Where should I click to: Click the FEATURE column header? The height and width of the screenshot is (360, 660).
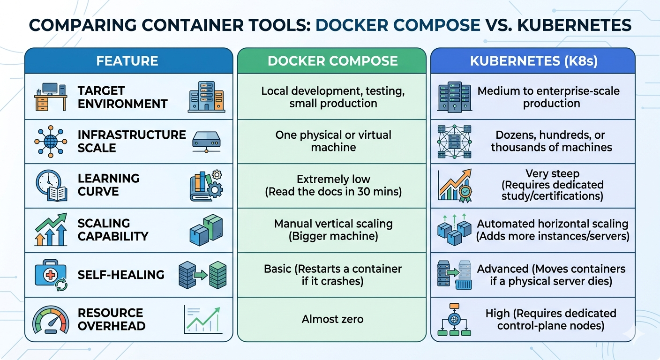coord(127,61)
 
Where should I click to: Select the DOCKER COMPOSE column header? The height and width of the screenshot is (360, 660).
coord(333,61)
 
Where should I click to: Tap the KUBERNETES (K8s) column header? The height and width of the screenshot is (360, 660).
coord(533,61)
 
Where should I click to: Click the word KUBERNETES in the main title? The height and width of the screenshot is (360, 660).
coord(574,25)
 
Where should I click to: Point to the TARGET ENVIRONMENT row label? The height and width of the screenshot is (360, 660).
coord(122,97)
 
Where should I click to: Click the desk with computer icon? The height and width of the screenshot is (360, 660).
coord(51,97)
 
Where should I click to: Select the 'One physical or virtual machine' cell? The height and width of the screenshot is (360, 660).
coord(333,141)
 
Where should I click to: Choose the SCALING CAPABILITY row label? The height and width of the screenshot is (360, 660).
coord(113,230)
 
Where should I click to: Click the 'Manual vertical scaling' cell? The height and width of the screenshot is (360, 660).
coord(333,230)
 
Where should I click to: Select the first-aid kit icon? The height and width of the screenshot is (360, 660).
coord(51,275)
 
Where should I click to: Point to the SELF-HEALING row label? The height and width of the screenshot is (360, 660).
coord(121,275)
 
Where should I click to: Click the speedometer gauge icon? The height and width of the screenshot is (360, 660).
coord(51,320)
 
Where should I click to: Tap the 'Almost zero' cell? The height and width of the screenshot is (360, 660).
coord(333,319)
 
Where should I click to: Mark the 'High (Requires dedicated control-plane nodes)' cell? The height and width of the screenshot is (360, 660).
coord(551,319)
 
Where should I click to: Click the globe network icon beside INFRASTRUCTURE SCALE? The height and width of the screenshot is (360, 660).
coord(51,142)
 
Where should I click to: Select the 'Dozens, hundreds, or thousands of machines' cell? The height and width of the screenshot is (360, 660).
coord(551,141)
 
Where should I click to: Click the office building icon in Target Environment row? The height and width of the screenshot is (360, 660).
coord(207,97)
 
